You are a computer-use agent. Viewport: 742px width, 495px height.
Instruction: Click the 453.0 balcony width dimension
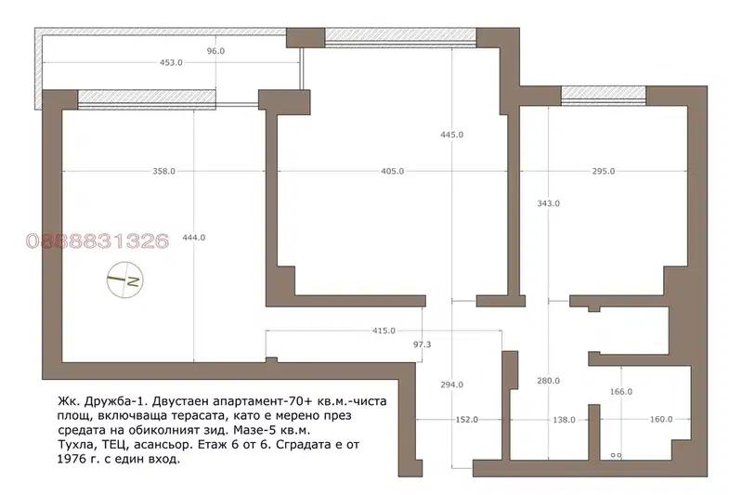(171, 62)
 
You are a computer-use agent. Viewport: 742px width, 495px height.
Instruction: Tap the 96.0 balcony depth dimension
(215, 51)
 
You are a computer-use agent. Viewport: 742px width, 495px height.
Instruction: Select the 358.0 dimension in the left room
(163, 171)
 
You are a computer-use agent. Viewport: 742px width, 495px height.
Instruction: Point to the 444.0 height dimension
(193, 238)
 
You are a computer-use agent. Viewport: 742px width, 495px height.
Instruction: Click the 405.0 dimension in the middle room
(392, 171)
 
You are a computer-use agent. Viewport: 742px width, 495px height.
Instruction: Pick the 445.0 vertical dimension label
(452, 135)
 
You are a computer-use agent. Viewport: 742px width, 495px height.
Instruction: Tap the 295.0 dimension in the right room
(604, 171)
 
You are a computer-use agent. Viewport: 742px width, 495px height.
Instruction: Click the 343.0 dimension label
(549, 203)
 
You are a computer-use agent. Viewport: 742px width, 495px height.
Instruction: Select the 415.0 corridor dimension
(384, 331)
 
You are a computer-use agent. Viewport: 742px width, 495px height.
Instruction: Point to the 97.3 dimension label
(423, 345)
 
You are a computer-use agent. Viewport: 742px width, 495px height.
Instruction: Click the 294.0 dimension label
(452, 384)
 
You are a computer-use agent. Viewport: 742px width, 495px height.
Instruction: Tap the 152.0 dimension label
(466, 419)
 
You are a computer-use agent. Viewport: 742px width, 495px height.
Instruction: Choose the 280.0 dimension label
(549, 381)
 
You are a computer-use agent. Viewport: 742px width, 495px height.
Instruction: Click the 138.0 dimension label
(564, 419)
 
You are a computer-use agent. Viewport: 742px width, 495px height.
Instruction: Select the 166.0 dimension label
(621, 392)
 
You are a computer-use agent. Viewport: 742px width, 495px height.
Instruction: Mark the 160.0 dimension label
(661, 419)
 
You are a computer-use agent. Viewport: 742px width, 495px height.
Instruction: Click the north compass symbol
(125, 280)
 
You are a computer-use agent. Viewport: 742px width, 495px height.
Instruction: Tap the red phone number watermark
(98, 241)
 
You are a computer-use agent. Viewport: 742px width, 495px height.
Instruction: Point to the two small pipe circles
(616, 455)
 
